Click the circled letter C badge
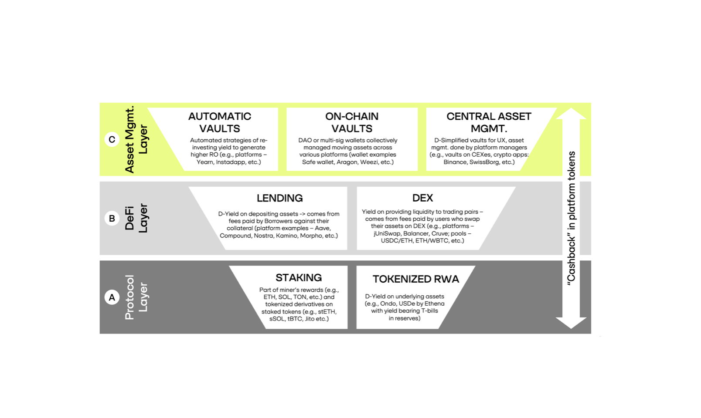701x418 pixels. [x=112, y=139]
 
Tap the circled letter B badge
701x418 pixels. [x=112, y=218]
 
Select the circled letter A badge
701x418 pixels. [x=112, y=297]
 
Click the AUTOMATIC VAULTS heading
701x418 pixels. [x=220, y=122]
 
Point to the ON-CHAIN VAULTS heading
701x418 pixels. [x=352, y=122]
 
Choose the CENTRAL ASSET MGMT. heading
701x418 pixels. [x=489, y=122]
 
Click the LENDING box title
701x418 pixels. [x=279, y=198]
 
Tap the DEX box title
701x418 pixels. [x=422, y=198]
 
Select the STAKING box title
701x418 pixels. [x=299, y=278]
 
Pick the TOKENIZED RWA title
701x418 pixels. [x=415, y=279]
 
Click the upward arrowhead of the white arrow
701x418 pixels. [x=571, y=114]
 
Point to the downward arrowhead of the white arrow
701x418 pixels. [x=571, y=323]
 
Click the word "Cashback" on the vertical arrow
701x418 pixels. [x=571, y=260]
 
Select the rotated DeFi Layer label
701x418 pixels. [x=136, y=218]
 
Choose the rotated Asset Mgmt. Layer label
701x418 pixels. [x=136, y=139]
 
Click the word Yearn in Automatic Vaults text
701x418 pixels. [x=205, y=162]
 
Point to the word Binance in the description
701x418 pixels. [x=455, y=162]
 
